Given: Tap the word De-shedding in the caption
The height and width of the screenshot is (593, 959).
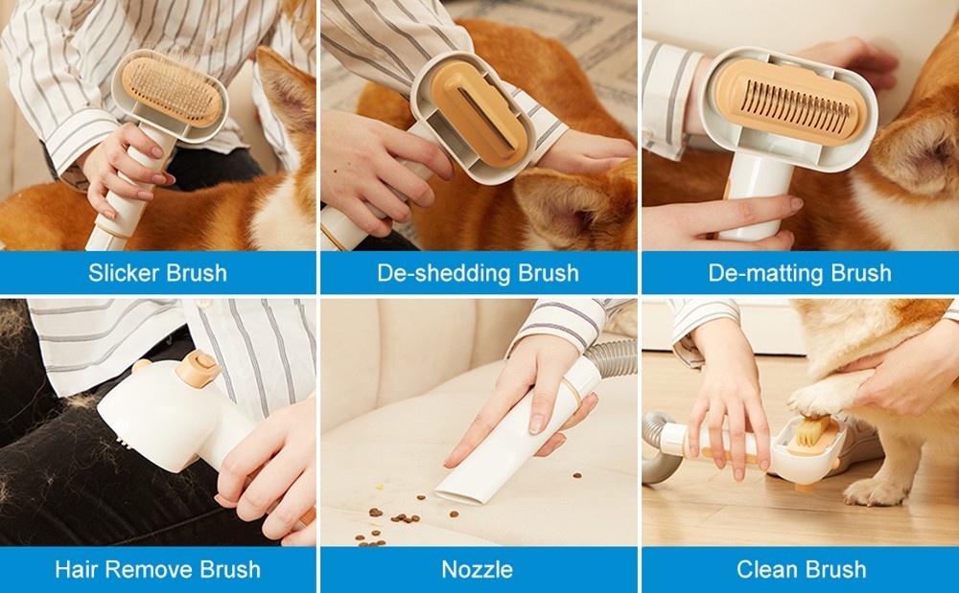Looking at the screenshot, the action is click(444, 272).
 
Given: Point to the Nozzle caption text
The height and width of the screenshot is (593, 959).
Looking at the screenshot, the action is click(477, 569).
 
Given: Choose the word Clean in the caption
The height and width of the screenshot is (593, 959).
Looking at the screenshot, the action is click(767, 569).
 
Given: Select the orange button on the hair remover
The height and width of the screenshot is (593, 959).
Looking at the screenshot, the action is click(198, 368).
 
